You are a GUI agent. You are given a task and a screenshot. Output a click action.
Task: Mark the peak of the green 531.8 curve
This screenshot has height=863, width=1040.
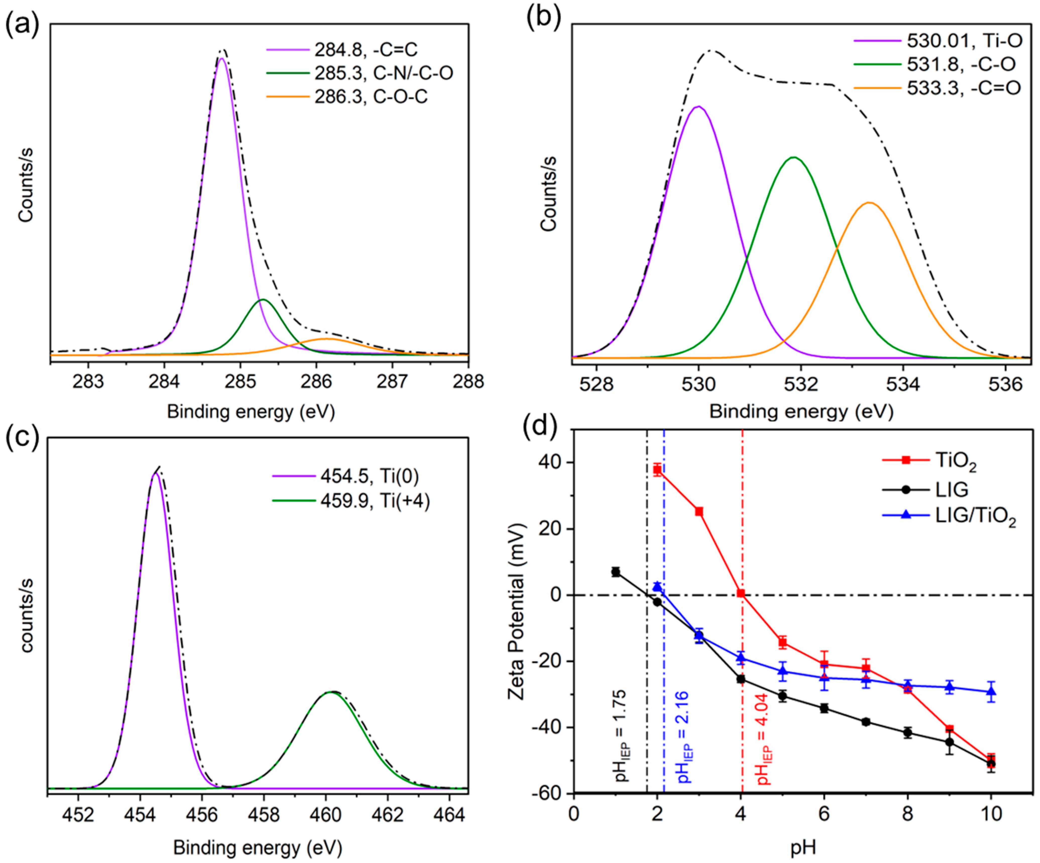point(794,157)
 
